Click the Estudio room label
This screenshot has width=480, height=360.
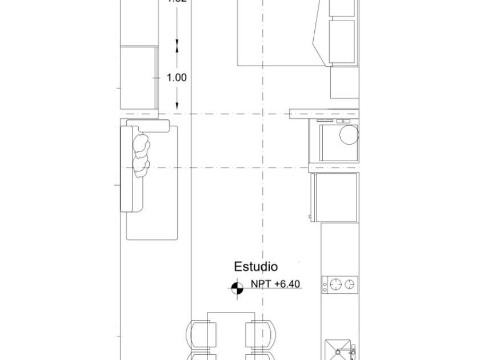coord(255,267)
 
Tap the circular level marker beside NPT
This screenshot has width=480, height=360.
coord(237,289)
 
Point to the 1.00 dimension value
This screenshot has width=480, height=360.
coord(177,78)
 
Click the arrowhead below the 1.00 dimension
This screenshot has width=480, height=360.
coord(178,105)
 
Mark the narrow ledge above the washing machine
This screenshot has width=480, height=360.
coord(325,113)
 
